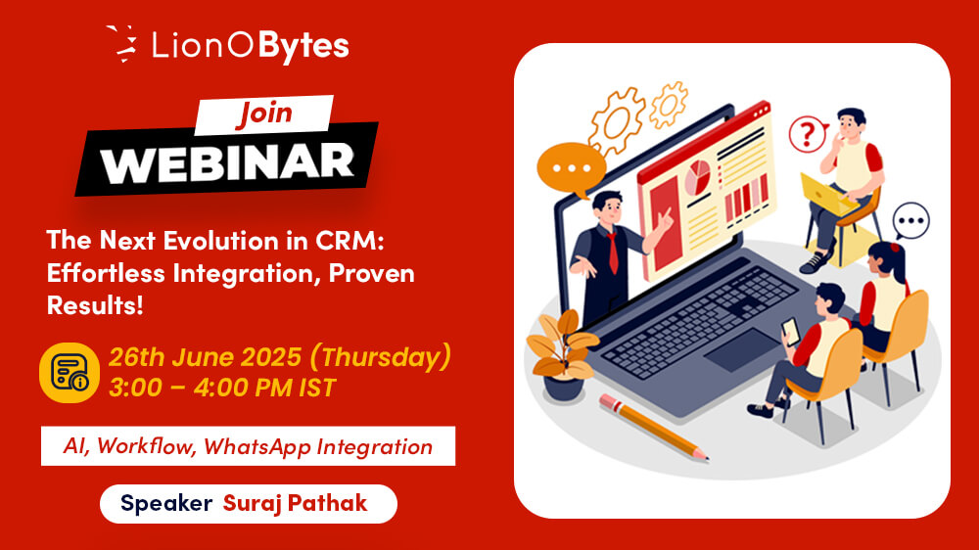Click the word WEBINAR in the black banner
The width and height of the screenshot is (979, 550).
point(227,162)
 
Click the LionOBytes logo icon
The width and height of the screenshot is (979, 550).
point(122,44)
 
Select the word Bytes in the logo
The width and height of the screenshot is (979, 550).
point(303,47)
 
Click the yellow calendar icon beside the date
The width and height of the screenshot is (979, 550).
point(70,372)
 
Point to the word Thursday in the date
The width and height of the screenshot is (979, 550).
point(381,357)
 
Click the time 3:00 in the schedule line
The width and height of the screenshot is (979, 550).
point(135,388)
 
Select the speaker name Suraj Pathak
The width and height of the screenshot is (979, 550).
point(295,503)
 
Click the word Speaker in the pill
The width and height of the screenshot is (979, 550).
point(166,504)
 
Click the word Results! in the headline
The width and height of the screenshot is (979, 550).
point(95,305)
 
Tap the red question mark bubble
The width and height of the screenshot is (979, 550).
point(808,134)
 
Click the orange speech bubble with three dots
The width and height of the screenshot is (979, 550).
point(571,169)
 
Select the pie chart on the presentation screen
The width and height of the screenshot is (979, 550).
point(697,177)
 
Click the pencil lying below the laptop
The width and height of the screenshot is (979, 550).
point(653,428)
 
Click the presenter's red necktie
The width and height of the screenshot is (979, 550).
point(613,252)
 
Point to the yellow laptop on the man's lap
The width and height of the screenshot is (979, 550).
point(826,195)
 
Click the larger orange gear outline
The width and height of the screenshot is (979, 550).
point(617,121)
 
